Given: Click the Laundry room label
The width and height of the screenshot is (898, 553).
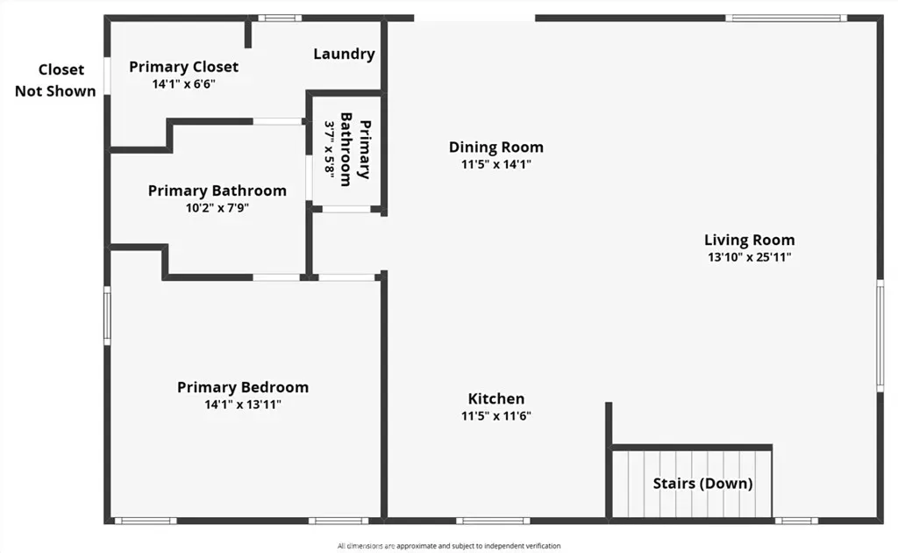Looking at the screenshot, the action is [344, 54].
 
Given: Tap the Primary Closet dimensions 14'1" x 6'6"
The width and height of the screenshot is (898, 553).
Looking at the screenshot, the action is [183, 84].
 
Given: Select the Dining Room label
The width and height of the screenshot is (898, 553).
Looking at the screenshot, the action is [496, 147].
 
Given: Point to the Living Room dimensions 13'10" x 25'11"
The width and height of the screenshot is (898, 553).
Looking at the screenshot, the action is [749, 257].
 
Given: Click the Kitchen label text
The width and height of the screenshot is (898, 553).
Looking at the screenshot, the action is [496, 399].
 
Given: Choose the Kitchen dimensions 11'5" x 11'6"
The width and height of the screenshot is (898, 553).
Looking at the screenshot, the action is [496, 416].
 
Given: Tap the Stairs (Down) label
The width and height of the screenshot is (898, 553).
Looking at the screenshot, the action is [702, 483].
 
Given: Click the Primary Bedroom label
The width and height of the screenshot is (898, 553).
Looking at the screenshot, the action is [243, 387].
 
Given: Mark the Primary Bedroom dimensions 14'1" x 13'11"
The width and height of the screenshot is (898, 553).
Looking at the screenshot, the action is [243, 405].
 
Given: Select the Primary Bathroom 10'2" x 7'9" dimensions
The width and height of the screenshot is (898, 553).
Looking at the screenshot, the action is [217, 207].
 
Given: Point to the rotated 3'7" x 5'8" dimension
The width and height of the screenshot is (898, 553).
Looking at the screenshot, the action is [330, 149].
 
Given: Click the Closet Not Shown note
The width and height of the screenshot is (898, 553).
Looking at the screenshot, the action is [55, 80].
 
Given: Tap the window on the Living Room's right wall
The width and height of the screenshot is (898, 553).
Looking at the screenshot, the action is [880, 336].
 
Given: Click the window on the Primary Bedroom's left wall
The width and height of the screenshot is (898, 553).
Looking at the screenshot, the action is [107, 316].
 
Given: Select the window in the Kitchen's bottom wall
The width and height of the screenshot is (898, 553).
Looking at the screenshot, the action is [493, 521].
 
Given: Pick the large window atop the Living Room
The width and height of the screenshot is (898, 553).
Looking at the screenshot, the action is [786, 18].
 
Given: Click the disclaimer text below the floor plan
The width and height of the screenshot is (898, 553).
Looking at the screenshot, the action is [449, 546].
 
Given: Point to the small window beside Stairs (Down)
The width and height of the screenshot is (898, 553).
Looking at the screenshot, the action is [796, 521].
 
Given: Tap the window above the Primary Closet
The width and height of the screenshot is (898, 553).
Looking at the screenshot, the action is [280, 18].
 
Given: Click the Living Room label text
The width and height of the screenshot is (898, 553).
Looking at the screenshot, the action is [749, 241].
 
